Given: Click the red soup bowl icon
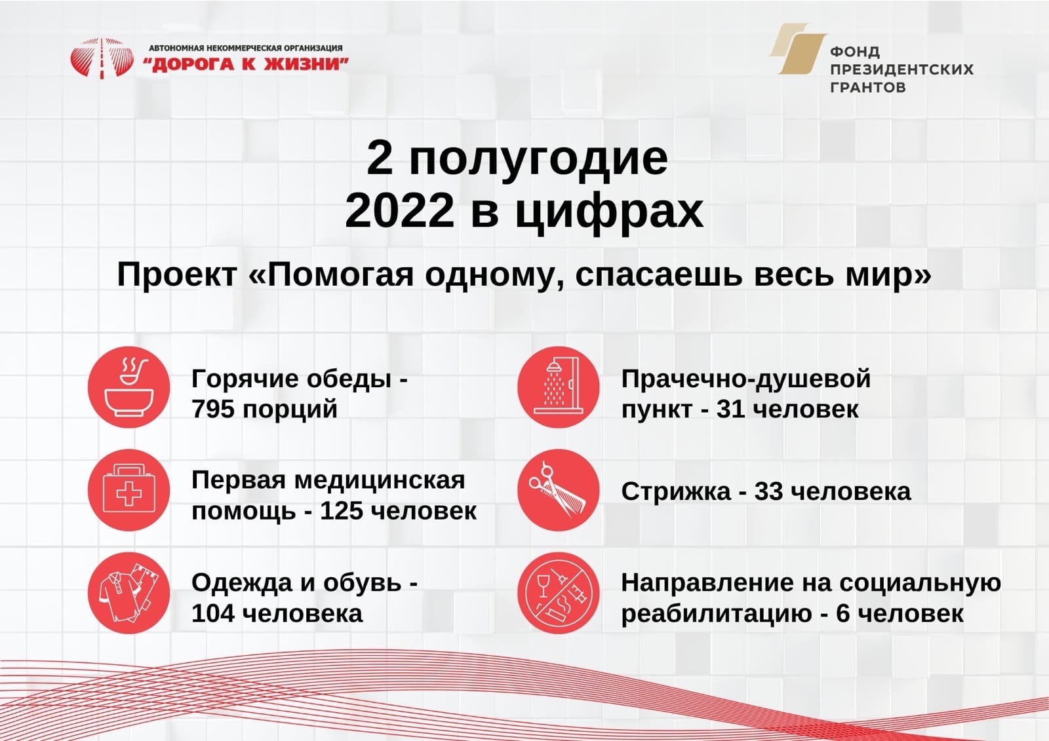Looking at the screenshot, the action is coord(129,387).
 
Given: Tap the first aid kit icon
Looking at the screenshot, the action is coord(129,490).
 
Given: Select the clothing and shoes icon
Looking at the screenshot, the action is coord(129,593).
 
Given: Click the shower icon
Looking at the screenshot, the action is coord(558,387).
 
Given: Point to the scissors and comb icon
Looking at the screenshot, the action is coord(558,490).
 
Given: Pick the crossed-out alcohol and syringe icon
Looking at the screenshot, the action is coord(558,593).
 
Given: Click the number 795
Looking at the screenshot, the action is coord(213,409).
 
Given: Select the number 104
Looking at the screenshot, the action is coord(213,613).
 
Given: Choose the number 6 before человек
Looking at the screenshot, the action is coord(842,613).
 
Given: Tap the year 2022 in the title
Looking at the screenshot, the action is coord(399,211).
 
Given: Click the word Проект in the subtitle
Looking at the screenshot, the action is coord(176,275).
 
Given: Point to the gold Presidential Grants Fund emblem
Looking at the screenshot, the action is coord(798,48).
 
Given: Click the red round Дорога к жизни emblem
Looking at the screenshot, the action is coord(102,58).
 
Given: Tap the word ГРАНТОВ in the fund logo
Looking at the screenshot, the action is coord(868,88).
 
